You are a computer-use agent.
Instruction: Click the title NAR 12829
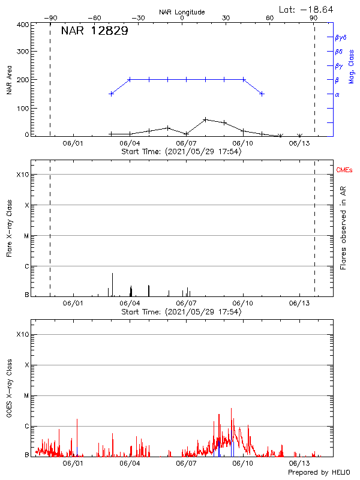click(94, 32)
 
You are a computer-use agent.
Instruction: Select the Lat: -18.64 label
click(307, 9)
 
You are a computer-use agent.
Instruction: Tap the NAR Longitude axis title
click(182, 12)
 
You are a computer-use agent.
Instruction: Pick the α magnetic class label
click(337, 94)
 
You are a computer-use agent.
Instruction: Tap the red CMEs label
click(344, 170)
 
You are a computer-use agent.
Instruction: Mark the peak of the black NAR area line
click(205, 119)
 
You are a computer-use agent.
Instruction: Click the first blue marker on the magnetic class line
click(111, 94)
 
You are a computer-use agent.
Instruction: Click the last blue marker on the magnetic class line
click(262, 94)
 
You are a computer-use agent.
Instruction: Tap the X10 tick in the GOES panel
click(23, 334)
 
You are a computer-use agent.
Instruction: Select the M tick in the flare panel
click(26, 236)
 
